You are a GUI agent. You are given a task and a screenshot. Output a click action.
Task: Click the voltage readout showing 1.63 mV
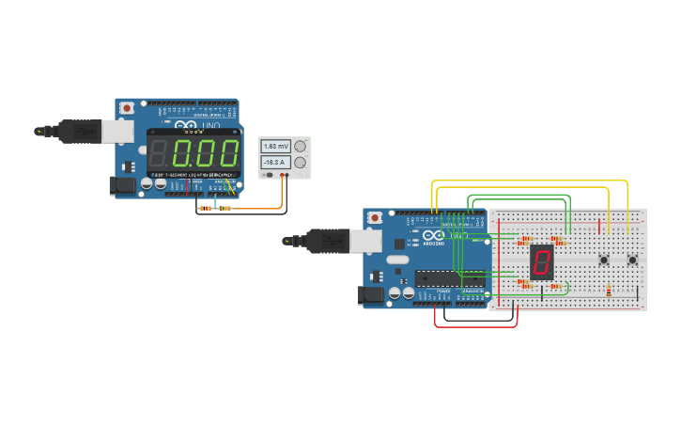coord(276,147)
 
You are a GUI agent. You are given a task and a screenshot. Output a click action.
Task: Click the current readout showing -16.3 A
coord(276,163)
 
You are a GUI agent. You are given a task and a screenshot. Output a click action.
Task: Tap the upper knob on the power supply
coord(300,147)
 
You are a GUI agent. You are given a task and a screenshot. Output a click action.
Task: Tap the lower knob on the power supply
coord(300,163)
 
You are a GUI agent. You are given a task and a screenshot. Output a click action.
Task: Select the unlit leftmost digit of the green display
coord(159,153)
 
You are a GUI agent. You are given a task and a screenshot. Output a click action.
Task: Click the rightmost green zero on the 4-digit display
coord(228,153)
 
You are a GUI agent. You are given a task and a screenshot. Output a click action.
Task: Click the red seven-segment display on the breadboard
coord(541,261)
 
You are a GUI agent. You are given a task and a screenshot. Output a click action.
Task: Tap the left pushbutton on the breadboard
coord(604,260)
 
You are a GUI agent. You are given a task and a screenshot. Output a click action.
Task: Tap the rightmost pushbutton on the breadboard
coord(632,260)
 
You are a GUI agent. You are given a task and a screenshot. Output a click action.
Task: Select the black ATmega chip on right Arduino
coord(450,277)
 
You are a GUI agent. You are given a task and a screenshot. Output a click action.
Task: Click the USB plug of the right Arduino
coord(328,242)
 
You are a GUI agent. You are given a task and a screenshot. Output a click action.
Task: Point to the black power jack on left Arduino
coord(123,186)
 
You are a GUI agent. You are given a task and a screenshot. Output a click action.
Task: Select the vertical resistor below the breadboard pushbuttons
coord(609,292)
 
